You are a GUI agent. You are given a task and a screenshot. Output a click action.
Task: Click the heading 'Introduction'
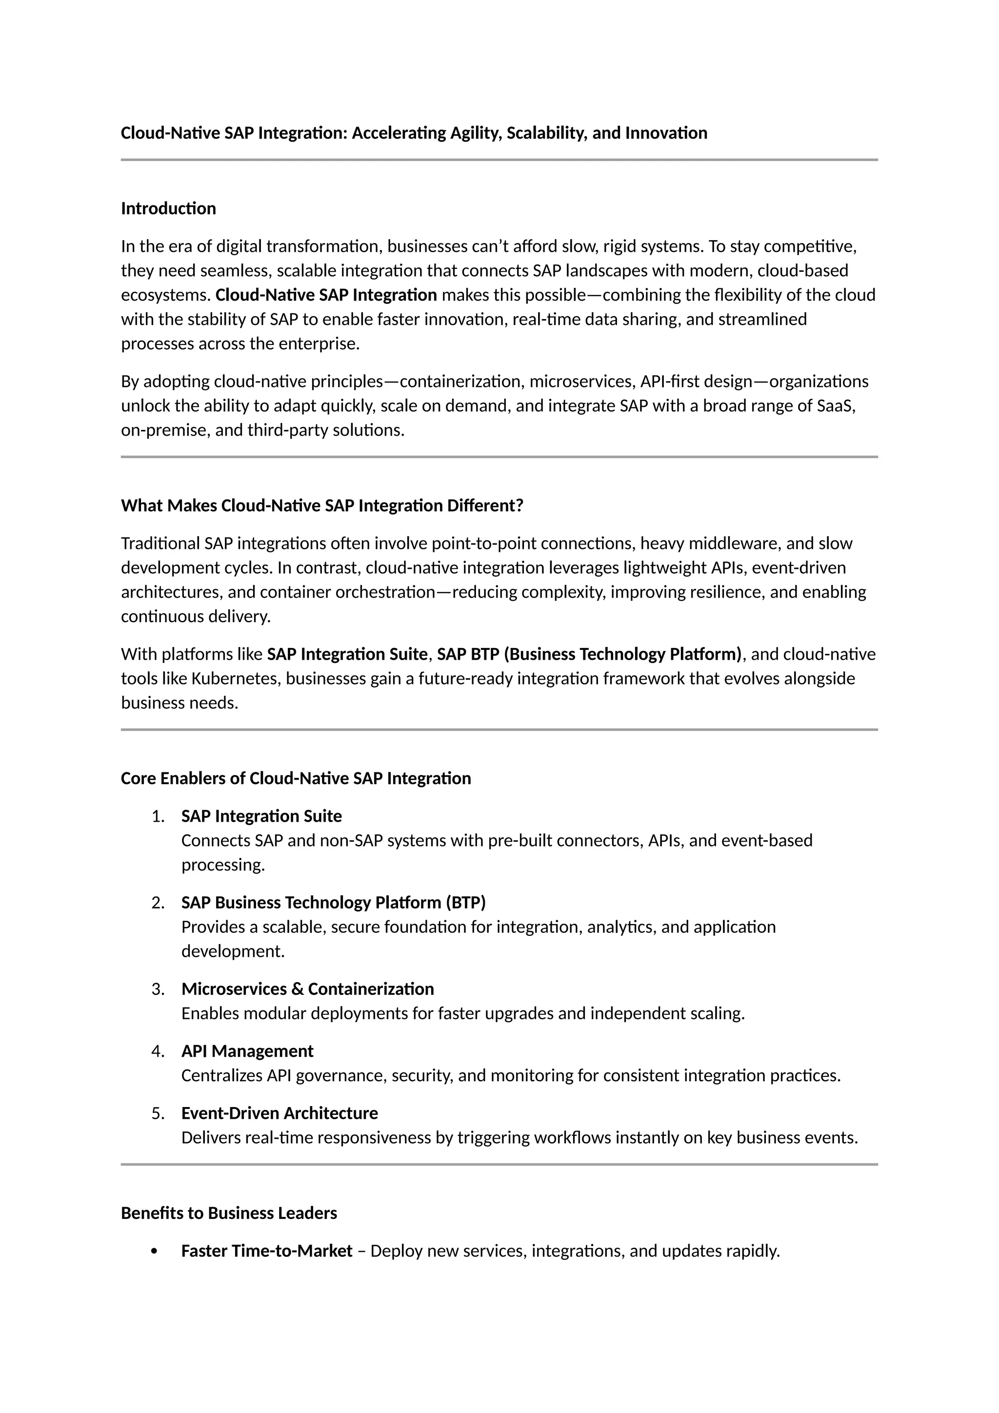[x=168, y=209]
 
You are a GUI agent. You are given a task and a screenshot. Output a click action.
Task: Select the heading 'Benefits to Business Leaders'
[x=229, y=1213]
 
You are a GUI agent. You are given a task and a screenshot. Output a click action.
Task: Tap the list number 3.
[x=158, y=989]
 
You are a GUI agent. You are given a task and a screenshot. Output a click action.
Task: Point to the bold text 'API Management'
[x=247, y=1051]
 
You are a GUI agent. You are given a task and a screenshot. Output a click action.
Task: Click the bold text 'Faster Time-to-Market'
[x=266, y=1251]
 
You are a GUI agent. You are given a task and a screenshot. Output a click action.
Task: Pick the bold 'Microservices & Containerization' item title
[x=308, y=989]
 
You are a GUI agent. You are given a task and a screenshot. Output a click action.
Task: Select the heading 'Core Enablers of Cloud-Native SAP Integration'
[x=296, y=779]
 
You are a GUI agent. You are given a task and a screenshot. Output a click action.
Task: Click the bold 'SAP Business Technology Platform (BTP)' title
[x=334, y=903]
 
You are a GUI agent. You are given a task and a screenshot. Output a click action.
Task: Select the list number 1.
[x=158, y=816]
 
